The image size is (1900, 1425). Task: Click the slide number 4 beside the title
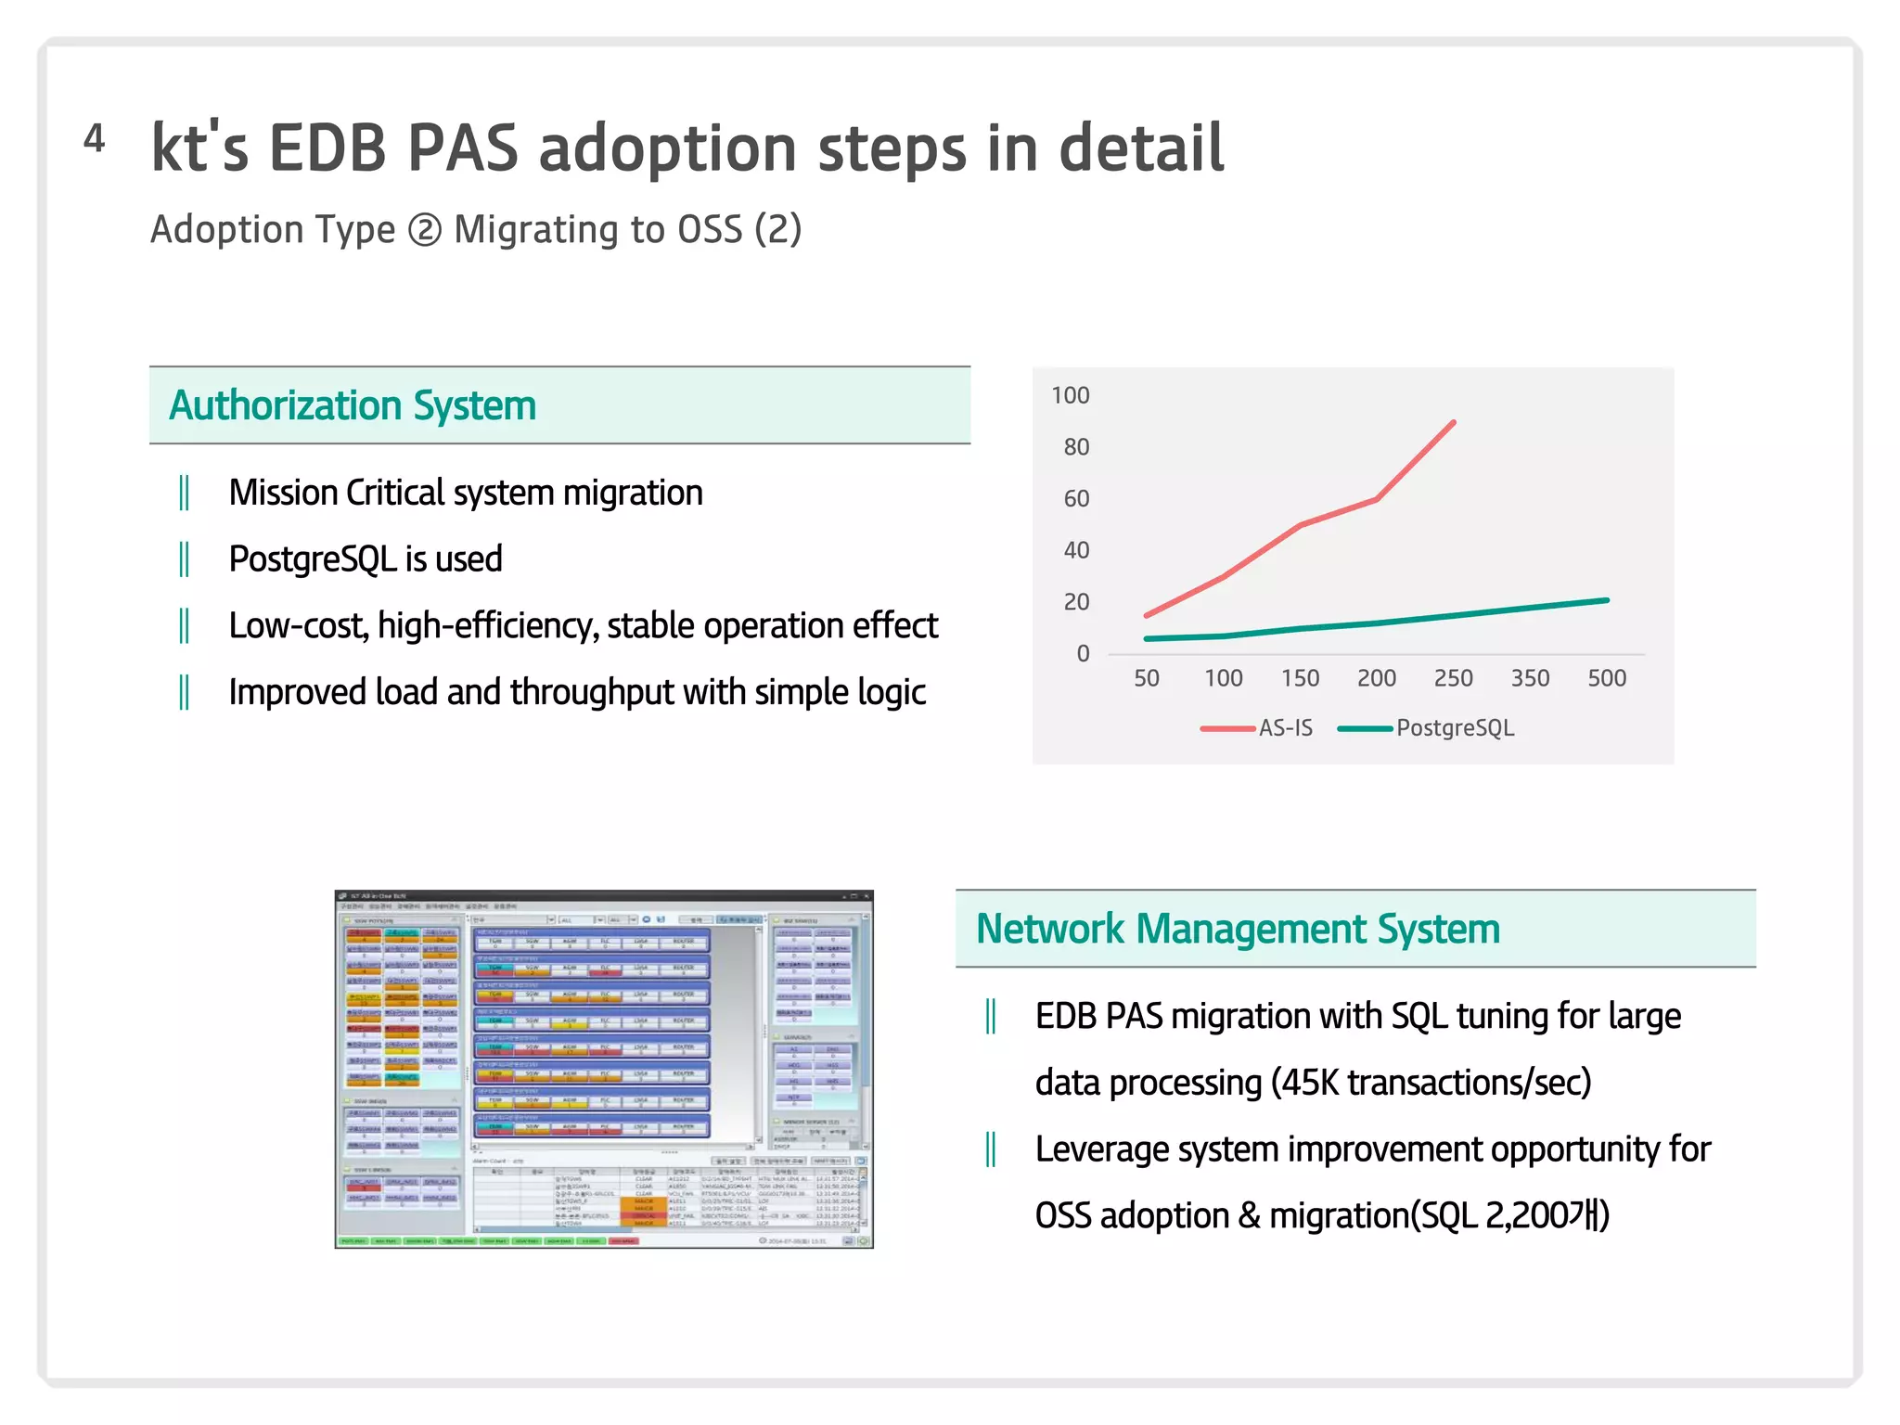tap(94, 139)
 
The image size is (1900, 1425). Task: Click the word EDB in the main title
tap(327, 148)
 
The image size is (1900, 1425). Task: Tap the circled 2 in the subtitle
tap(425, 230)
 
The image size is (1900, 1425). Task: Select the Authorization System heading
tap(353, 405)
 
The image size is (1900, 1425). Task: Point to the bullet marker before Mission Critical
tap(184, 493)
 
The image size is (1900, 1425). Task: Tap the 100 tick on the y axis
tap(1070, 395)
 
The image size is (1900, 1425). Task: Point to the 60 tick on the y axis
tap(1075, 499)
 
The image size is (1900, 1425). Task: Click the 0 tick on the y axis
tap(1082, 654)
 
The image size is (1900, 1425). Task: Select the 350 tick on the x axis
tap(1530, 678)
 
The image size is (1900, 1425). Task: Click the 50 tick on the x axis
tap(1146, 678)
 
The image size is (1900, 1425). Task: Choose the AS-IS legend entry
tap(1284, 728)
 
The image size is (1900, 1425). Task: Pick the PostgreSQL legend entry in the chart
tap(1454, 728)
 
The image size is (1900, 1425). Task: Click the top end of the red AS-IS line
tap(1453, 422)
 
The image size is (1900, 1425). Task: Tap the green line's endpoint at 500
tap(1607, 600)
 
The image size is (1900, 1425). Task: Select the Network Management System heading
tap(1237, 929)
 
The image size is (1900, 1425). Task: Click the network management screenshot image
tap(603, 1069)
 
